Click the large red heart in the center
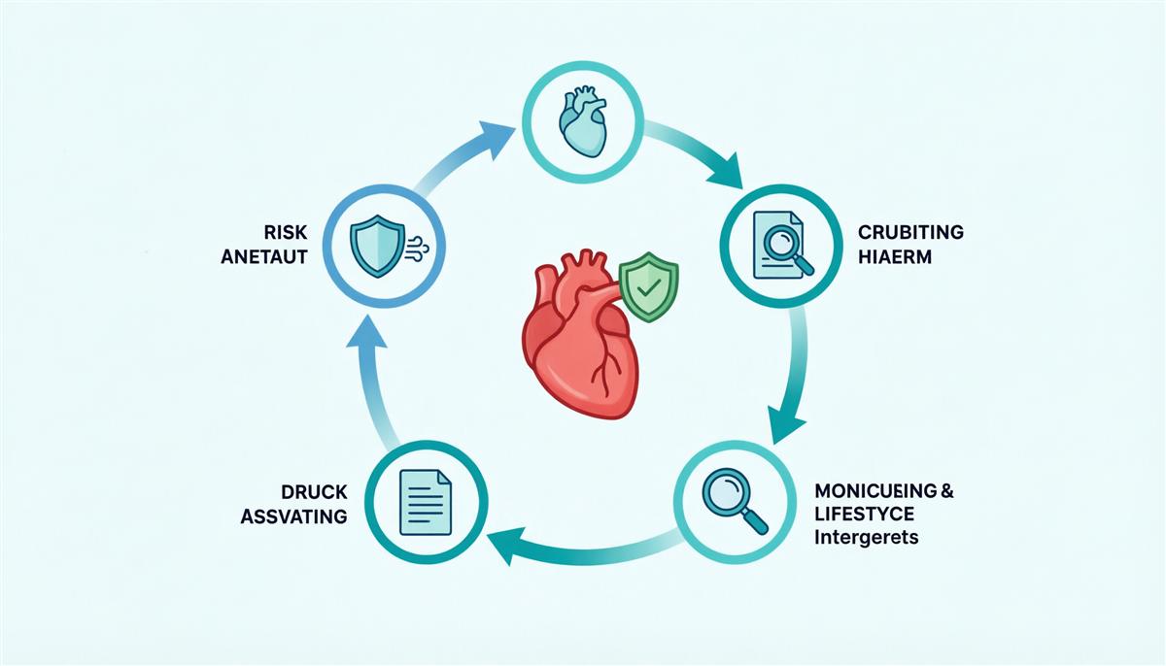[580, 338]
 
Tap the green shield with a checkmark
[649, 286]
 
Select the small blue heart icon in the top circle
[582, 121]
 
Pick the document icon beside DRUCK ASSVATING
[425, 502]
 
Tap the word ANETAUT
[264, 257]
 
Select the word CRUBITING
[910, 232]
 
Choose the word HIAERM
[894, 257]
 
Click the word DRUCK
[314, 492]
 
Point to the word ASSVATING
[293, 516]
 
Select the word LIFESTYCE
[864, 515]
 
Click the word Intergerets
[866, 537]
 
